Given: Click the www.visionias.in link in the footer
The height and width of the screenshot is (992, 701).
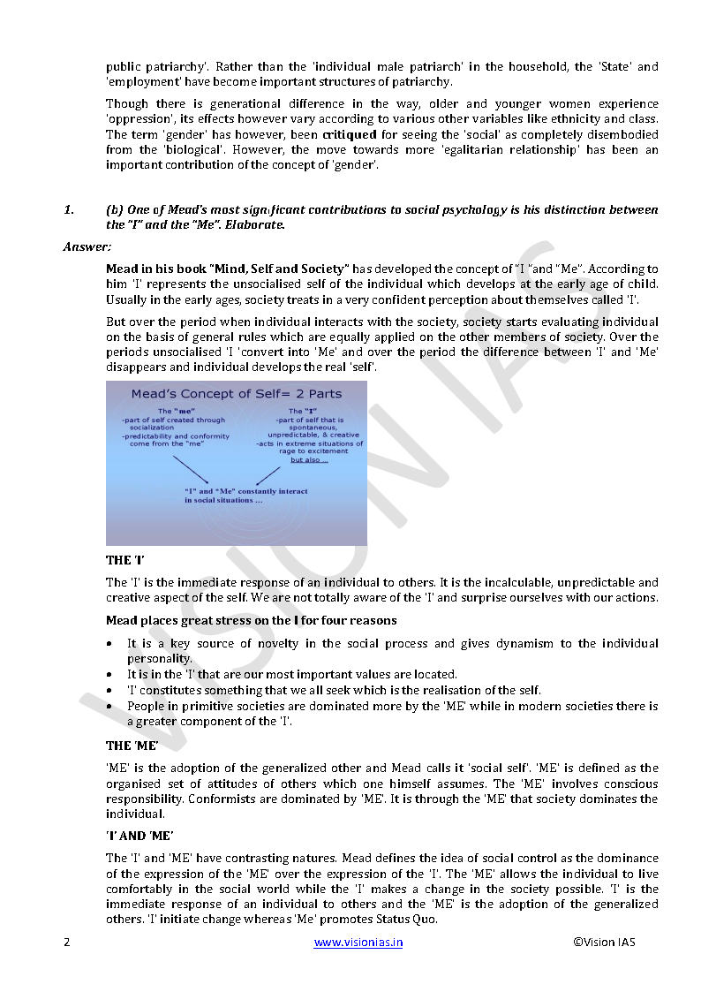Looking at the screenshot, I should point(358,942).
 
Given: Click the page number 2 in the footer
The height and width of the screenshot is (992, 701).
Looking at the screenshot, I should point(66,942).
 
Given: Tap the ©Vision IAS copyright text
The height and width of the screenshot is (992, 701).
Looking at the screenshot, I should point(604,942).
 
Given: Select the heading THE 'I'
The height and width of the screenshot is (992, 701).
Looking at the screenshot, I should point(124,560).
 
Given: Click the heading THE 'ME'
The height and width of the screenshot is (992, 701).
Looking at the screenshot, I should point(132,746).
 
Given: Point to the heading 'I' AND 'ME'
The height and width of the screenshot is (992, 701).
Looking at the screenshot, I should point(139,836).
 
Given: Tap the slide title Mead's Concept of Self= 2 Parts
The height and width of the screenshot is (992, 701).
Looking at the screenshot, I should point(236,393).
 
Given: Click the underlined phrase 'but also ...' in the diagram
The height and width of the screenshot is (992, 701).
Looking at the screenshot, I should point(309,460).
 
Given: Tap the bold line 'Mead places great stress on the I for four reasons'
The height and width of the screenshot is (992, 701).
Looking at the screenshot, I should point(251,620).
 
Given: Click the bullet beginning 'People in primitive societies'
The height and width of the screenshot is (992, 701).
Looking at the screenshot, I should point(392,707).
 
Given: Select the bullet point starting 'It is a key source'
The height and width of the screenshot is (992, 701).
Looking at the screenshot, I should point(392,643).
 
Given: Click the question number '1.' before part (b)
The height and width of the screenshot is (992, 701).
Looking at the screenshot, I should point(68,209).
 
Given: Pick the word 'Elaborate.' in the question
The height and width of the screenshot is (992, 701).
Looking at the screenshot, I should point(255,225).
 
